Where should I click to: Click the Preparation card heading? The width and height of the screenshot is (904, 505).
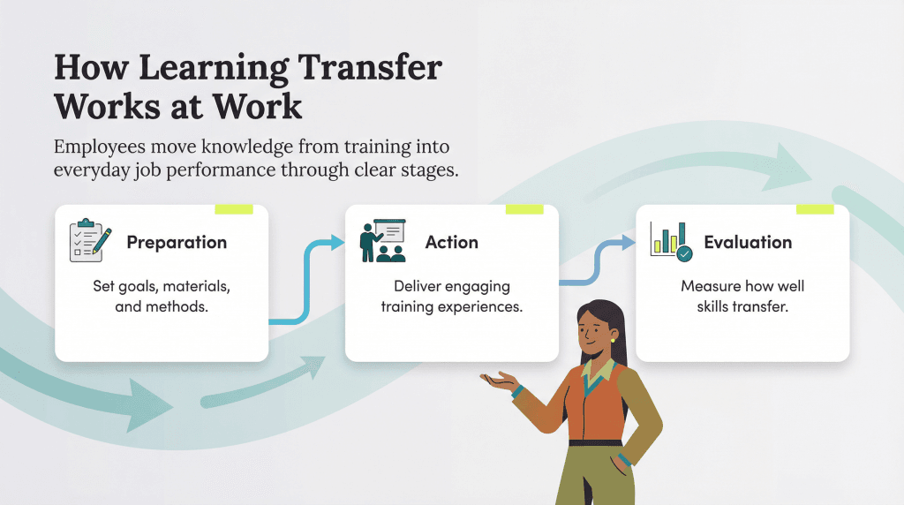177,242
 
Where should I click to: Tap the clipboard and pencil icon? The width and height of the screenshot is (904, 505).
90,240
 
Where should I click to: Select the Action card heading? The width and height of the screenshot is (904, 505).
451,242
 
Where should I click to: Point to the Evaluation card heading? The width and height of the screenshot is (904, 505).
748,242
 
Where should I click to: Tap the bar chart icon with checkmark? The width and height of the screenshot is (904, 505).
671,240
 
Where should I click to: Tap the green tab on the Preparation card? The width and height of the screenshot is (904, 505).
234,209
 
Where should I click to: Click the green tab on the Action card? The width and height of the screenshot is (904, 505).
524,209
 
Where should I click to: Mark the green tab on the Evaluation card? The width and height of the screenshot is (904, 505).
815,209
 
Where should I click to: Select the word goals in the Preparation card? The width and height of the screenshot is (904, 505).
145,287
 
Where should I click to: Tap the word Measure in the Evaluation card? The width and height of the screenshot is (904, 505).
708,287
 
